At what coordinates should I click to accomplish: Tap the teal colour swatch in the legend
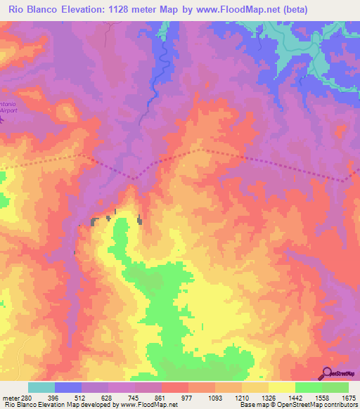point(41,387)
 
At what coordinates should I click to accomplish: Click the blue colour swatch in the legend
point(68,387)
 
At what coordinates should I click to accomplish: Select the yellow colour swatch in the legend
point(281,387)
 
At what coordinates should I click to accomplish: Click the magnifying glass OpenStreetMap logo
point(328,374)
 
